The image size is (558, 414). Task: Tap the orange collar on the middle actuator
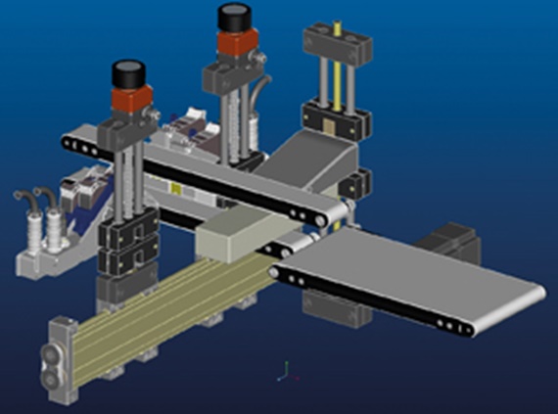(x=235, y=43)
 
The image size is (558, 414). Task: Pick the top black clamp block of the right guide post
(x=337, y=40)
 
